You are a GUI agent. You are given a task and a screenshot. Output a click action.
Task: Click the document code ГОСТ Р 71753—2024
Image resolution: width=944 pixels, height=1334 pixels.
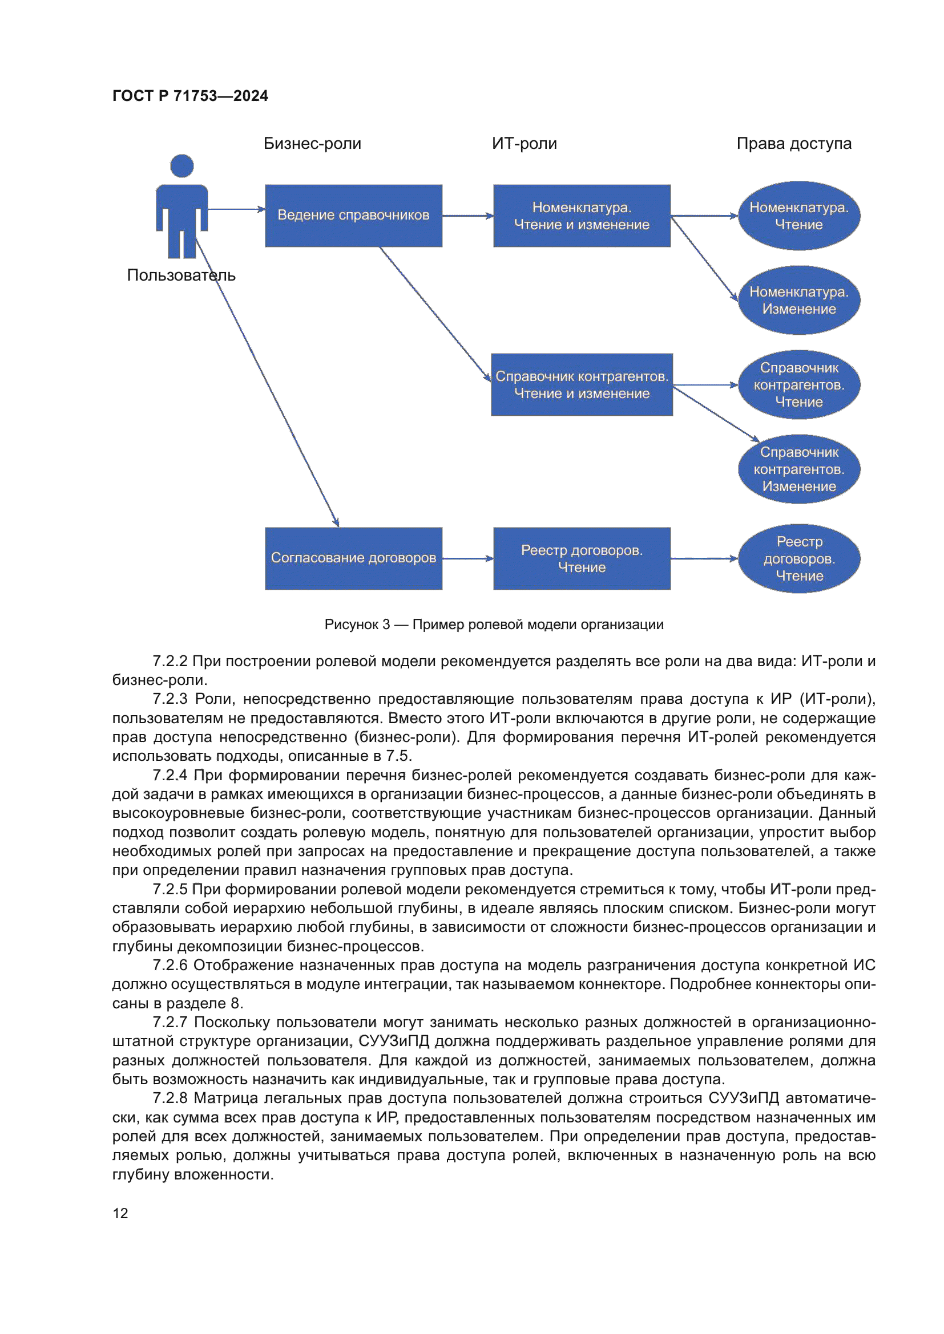click(190, 96)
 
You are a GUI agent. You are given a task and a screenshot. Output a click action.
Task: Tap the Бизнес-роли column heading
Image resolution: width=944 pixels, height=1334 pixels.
click(312, 144)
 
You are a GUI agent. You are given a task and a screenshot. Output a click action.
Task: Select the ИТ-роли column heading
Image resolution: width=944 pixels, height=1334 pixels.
click(524, 144)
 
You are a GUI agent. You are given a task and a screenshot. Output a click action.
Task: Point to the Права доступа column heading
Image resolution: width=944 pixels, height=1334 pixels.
click(793, 144)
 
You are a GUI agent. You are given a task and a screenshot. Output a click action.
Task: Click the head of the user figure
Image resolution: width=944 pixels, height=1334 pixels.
click(182, 166)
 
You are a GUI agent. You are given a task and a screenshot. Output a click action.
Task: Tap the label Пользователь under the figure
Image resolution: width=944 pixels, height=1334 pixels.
click(181, 275)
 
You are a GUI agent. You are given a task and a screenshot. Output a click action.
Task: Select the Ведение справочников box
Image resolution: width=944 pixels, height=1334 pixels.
click(353, 216)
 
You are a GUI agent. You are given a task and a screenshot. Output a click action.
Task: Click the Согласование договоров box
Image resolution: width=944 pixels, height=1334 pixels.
click(353, 558)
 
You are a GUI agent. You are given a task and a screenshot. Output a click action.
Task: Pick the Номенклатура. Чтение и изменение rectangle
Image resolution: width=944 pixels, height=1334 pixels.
click(581, 216)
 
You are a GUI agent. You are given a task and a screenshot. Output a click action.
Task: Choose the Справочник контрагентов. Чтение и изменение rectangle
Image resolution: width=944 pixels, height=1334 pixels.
click(581, 384)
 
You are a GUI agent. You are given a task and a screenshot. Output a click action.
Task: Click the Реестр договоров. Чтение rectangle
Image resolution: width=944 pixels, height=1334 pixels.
click(581, 558)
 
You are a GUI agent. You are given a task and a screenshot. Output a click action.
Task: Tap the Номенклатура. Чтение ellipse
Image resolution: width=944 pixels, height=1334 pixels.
click(798, 216)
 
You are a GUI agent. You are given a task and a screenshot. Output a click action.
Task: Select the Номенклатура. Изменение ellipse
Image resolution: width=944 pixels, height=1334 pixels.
click(798, 301)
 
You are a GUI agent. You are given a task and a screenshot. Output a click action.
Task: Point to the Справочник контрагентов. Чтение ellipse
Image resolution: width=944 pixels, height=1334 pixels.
click(798, 384)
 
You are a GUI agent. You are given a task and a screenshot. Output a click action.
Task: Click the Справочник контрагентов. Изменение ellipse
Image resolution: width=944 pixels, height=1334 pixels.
click(798, 469)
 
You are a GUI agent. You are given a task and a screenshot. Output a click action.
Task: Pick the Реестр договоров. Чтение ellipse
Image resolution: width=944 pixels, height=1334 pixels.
click(798, 558)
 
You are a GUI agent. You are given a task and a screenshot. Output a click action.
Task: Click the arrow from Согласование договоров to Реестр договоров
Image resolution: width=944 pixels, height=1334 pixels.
click(467, 558)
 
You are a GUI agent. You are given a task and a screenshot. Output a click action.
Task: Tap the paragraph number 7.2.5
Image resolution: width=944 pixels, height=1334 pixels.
click(170, 890)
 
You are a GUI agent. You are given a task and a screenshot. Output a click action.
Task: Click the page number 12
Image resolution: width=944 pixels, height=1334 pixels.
click(120, 1213)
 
